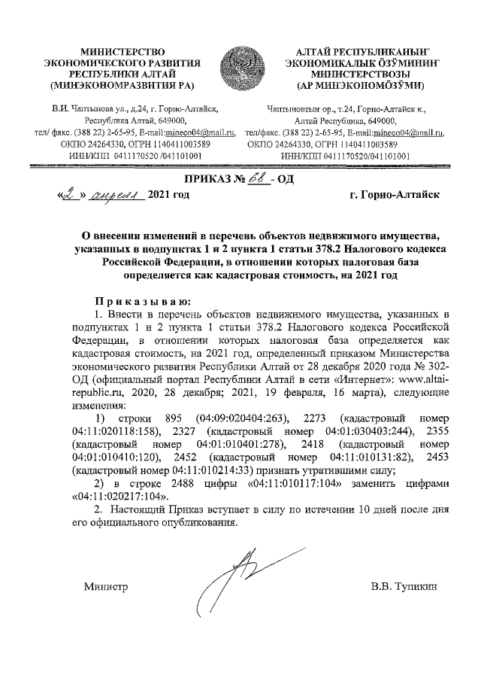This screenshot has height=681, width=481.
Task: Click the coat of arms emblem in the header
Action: click(x=240, y=67)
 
